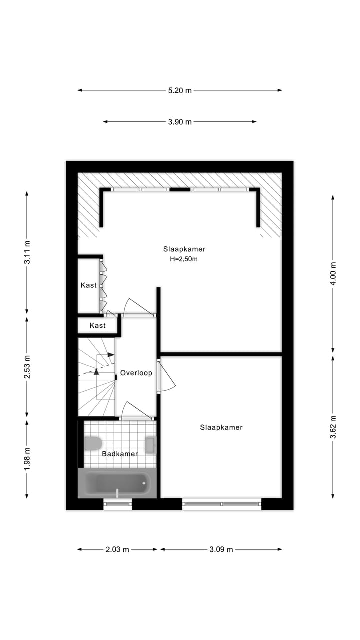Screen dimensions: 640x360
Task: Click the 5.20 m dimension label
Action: point(179,90)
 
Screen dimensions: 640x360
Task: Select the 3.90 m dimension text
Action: point(179,122)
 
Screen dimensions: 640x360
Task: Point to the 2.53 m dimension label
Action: point(27,366)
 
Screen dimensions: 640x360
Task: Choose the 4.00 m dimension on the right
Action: point(333,273)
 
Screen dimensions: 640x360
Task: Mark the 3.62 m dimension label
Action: point(333,427)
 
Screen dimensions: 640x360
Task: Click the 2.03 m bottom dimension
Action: point(117,549)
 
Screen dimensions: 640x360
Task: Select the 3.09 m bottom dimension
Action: point(221,549)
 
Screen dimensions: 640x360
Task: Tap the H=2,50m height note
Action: point(184,259)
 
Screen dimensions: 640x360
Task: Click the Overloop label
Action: point(136,373)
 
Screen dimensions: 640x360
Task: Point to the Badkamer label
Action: point(120,454)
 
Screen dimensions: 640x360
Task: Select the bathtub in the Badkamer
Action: point(117,483)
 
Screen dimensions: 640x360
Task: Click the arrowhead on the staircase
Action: point(96,371)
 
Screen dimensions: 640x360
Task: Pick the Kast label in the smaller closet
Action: point(97,325)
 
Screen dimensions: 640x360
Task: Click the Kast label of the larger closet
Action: point(89,285)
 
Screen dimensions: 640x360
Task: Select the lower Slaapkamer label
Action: point(221,427)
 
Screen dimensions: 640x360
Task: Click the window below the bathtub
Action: point(118,504)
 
